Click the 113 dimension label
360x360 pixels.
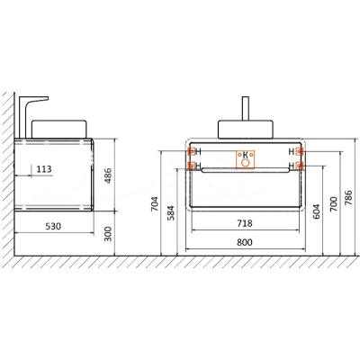44,169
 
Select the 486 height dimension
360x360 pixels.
108,175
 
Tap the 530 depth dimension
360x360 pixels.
53,226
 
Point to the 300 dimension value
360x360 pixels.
108,234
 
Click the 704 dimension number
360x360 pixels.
155,204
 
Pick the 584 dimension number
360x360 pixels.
171,212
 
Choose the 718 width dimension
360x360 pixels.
245,223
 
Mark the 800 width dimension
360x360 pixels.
245,242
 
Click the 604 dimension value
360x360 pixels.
317,211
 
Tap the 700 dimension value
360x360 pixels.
334,204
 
